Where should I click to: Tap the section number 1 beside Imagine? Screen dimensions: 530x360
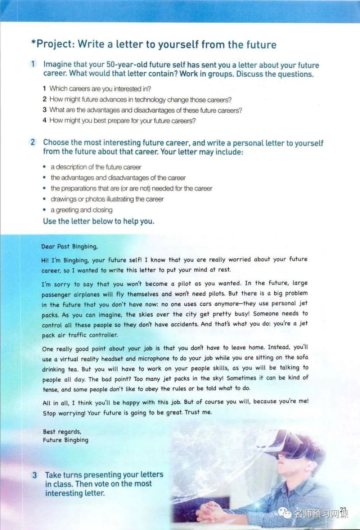[33, 64]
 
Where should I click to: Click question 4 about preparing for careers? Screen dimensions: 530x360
[119, 121]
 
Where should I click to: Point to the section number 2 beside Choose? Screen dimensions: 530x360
[33, 142]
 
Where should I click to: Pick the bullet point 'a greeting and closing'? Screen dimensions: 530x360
[81, 210]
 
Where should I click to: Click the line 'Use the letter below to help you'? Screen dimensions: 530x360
[98, 221]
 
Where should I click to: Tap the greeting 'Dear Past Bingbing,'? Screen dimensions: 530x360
[69, 246]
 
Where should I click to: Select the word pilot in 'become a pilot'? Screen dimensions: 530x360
[184, 284]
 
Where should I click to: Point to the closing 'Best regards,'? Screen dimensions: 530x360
[62, 431]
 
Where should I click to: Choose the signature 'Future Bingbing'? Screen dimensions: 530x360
[66, 440]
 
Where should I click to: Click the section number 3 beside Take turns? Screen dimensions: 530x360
[35, 475]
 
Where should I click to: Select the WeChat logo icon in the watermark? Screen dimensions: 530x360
[287, 513]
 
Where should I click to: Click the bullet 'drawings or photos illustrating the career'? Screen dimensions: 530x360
[107, 199]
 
